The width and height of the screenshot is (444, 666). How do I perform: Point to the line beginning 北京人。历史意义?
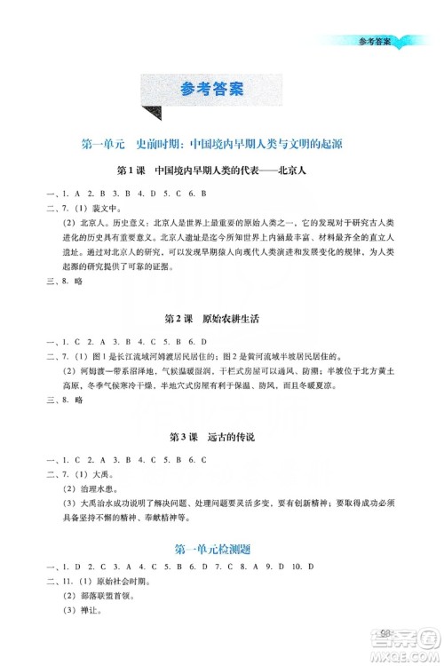point(222,228)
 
